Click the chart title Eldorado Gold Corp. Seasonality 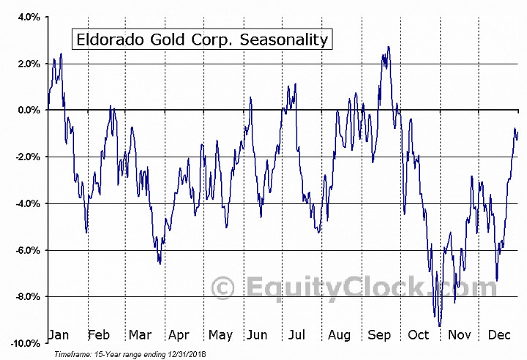click(199, 39)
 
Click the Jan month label click(59, 335)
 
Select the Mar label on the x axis click(139, 335)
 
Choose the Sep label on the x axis click(378, 335)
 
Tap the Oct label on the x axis click(418, 335)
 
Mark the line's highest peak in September click(389, 48)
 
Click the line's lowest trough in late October click(439, 326)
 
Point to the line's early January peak click(61, 53)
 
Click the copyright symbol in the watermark click(223, 288)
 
